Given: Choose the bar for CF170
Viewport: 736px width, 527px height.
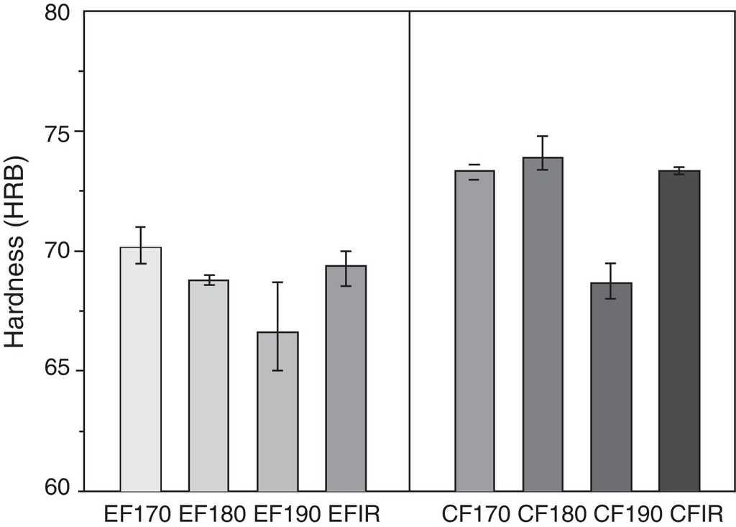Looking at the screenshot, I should coord(474,331).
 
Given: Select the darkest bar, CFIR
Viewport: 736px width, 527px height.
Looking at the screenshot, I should coord(679,331).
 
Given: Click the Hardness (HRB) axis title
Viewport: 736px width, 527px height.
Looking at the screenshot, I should coord(16,251).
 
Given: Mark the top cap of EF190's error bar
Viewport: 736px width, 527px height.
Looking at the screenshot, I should coord(277,283).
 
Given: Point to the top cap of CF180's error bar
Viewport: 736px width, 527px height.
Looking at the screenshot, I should coord(543,136).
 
